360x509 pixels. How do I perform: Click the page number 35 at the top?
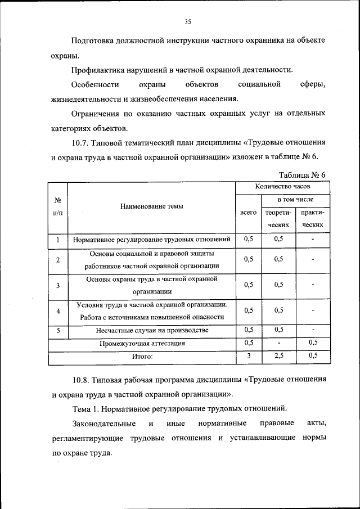(x=188, y=22)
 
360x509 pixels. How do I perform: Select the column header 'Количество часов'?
(x=281, y=186)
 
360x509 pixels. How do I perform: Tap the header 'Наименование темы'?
(x=150, y=206)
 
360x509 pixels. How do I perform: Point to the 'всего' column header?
(x=248, y=213)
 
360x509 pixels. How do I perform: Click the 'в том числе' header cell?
(x=295, y=200)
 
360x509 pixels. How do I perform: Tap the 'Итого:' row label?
(x=142, y=356)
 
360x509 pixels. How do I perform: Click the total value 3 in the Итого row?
(x=249, y=355)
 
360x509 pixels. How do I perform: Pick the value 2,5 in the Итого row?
(x=278, y=355)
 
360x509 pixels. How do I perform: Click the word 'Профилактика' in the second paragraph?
(x=95, y=70)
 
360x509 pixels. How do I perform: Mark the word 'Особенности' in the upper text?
(x=95, y=85)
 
